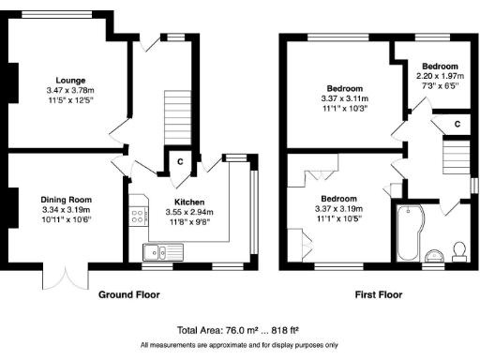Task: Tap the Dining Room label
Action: pos(66,199)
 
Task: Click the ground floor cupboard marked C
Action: pos(178,161)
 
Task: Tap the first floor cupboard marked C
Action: pos(457,123)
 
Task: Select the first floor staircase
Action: pos(455,156)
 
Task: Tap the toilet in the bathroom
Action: pos(458,248)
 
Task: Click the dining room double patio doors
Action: pos(65,277)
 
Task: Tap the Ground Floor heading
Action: pos(130,294)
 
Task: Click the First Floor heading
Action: pos(379,294)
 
